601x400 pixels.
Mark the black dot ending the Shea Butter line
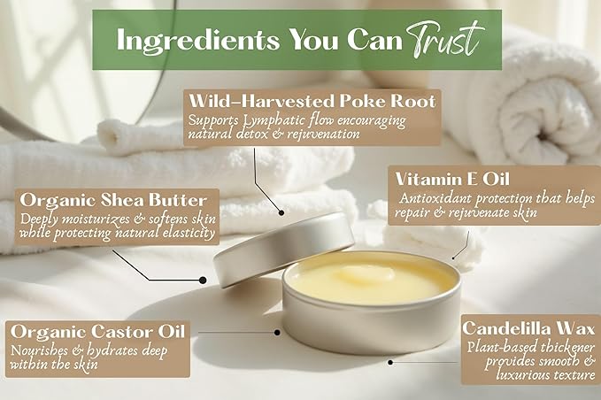(x=203, y=280)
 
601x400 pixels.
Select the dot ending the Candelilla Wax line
(x=391, y=361)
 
